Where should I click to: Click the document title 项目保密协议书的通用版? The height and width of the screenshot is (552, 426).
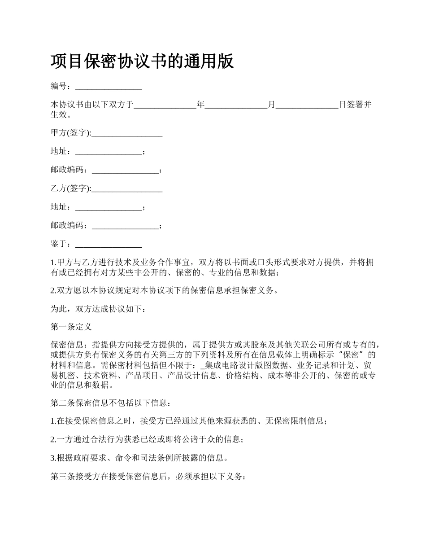point(142,61)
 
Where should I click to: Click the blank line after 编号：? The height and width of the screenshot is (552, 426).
point(109,87)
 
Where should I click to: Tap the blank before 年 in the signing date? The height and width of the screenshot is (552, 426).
point(165,105)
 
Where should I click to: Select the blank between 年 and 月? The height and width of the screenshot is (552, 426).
point(236,105)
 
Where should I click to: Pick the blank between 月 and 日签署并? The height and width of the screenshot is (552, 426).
point(307,105)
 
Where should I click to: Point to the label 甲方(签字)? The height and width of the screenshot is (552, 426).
point(71,133)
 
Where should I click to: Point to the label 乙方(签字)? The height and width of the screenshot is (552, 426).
point(71,188)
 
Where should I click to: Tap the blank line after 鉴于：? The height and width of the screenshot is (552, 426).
point(109,245)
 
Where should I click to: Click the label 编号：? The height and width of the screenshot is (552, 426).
point(62,86)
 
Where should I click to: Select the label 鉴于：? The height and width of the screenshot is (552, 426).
point(62,244)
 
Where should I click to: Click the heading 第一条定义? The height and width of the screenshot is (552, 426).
point(71,327)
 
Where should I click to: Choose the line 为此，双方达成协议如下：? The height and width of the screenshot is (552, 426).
point(98,309)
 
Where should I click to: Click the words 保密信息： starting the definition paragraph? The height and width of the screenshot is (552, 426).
point(71,345)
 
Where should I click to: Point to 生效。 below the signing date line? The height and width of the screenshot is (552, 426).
point(61,114)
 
